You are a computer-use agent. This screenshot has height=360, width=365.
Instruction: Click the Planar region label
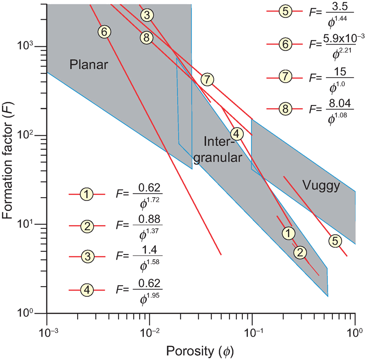tap(89, 65)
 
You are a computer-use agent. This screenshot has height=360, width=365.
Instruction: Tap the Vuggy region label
tap(321, 185)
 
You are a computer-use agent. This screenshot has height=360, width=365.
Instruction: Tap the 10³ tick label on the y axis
tap(31, 47)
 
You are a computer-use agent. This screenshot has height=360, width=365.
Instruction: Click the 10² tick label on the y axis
tap(31, 136)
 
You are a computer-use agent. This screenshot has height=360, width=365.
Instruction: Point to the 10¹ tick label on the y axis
tap(31, 224)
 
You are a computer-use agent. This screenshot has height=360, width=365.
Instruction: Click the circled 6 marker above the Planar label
tap(105, 32)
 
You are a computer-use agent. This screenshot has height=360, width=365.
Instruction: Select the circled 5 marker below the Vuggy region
tap(335, 240)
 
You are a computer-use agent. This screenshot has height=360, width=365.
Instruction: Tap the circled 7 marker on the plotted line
tap(207, 79)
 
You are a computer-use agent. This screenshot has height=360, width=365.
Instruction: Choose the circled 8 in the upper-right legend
tap(286, 109)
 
